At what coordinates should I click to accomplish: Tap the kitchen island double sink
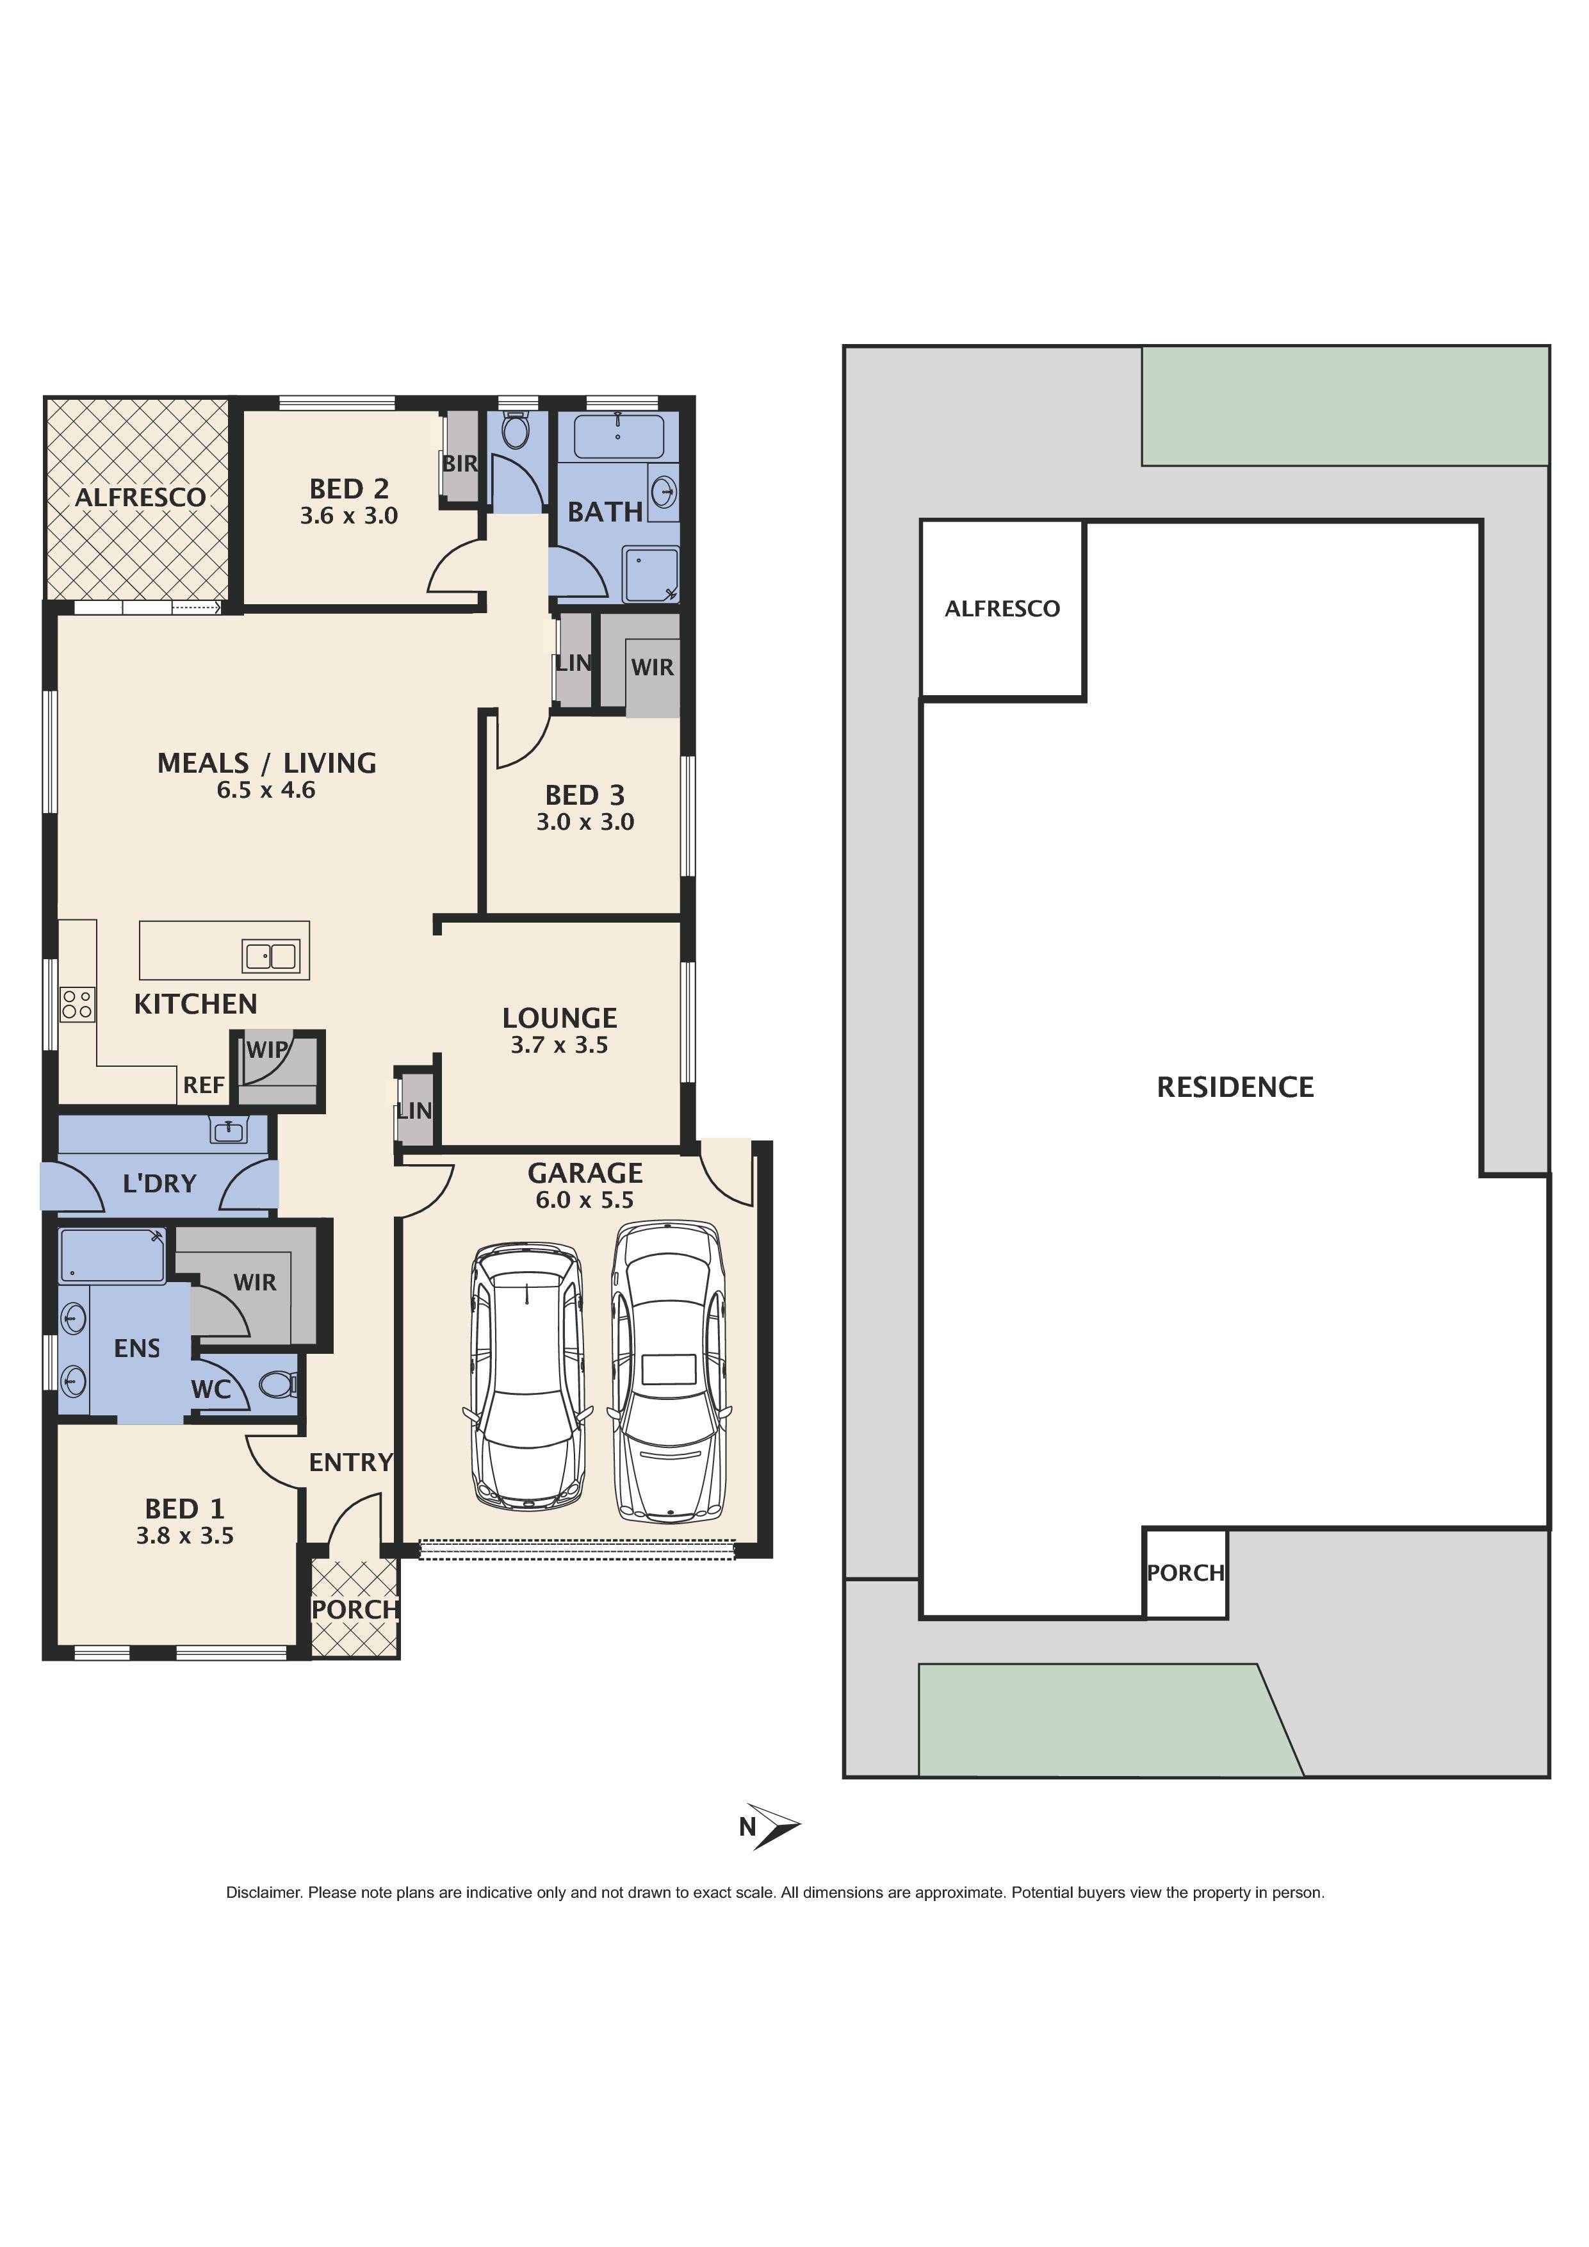(271, 955)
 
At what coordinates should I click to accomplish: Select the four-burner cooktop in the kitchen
(77, 1004)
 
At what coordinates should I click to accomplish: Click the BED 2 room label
(349, 488)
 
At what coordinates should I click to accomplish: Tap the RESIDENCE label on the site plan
(1235, 1087)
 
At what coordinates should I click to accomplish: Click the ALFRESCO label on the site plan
(1002, 609)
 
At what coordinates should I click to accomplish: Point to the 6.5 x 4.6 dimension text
(266, 791)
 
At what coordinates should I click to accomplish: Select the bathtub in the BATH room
(619, 436)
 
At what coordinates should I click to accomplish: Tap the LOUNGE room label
(560, 1018)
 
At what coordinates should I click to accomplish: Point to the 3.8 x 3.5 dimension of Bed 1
(185, 1536)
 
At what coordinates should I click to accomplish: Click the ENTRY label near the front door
(350, 1462)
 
